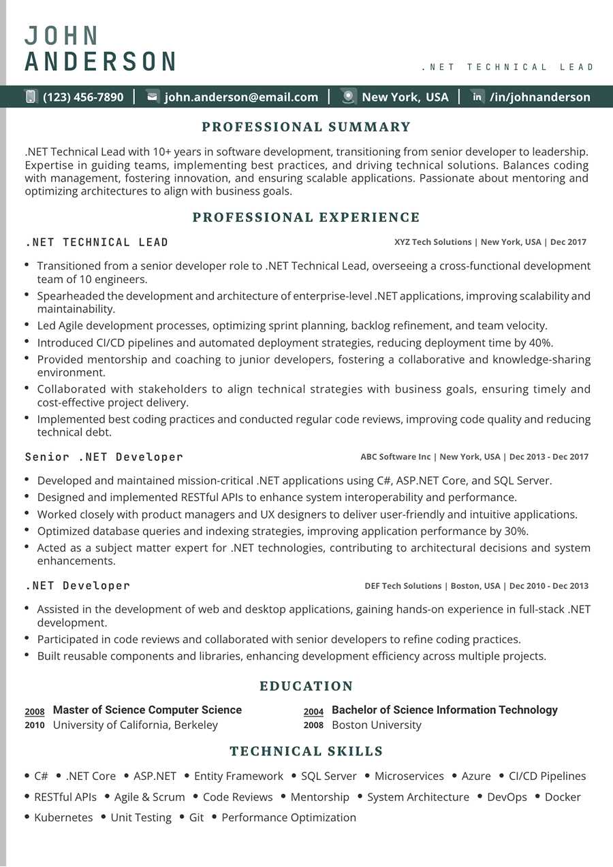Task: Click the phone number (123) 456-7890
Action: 83,97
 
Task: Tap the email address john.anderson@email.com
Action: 241,97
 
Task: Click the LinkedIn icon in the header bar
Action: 477,97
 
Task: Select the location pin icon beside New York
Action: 349,97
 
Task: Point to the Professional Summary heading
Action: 306,127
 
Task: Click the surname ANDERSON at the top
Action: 100,61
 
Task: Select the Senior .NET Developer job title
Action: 104,457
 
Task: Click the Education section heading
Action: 306,686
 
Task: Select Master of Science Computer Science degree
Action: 147,710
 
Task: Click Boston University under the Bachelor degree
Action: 377,725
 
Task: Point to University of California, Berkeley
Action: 136,725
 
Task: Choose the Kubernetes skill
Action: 63,817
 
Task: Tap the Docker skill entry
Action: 563,797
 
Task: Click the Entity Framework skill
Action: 238,776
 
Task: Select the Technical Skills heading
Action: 306,751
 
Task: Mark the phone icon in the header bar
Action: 31,97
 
